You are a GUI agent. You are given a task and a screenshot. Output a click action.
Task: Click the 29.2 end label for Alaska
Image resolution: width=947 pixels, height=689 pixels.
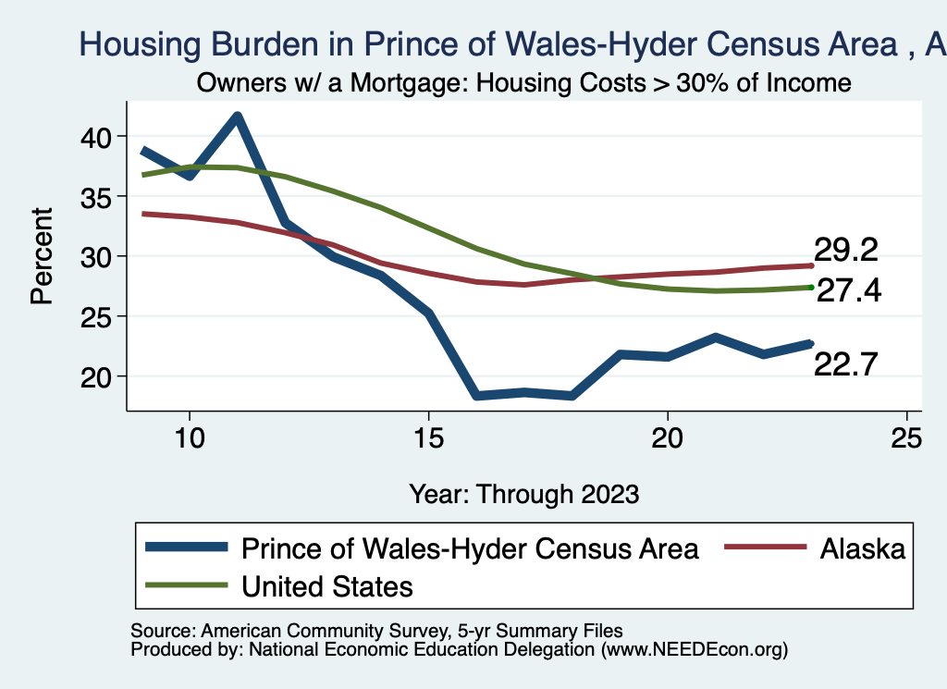click(845, 250)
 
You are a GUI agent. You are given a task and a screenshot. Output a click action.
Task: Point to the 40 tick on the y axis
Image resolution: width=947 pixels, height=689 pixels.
click(93, 137)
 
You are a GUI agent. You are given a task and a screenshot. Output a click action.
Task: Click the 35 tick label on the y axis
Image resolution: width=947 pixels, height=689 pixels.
click(93, 197)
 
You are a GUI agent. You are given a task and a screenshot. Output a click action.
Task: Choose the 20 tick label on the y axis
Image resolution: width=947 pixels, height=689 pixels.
click(93, 376)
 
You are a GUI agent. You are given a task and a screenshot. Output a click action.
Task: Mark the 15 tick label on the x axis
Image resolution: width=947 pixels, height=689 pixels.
click(428, 438)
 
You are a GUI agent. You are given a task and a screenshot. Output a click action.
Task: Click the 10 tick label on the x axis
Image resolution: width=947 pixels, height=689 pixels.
click(190, 438)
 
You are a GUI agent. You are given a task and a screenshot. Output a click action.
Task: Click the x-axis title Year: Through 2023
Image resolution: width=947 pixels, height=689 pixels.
click(524, 494)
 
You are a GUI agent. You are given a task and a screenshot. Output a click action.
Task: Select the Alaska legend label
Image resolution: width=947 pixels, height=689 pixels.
click(861, 548)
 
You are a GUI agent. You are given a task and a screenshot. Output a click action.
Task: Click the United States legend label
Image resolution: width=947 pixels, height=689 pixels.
click(326, 586)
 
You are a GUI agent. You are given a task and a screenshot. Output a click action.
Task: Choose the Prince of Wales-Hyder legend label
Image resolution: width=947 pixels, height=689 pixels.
click(470, 548)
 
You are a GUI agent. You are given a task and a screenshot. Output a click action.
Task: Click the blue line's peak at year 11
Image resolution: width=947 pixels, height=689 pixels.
click(238, 117)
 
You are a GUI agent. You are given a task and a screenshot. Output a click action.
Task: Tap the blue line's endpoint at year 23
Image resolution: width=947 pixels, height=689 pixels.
click(810, 343)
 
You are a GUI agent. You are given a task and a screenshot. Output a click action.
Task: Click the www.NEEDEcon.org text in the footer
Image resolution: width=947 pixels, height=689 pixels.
click(694, 649)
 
